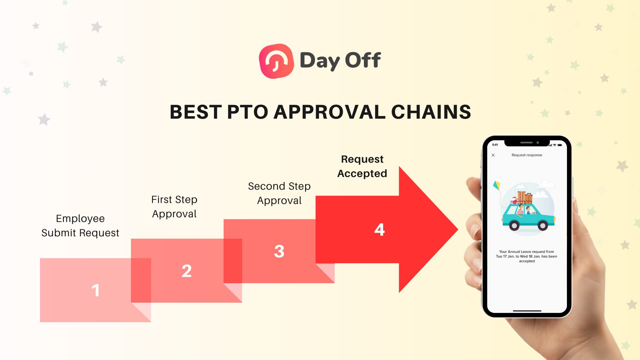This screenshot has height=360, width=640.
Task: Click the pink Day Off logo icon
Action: point(276,61)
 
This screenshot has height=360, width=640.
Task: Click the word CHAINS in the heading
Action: point(431,112)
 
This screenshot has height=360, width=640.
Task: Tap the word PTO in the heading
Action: point(247,112)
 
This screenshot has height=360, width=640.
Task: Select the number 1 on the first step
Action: point(96,290)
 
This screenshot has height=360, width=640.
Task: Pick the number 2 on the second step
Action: point(187,271)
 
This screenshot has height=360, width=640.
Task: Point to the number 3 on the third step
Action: point(279,251)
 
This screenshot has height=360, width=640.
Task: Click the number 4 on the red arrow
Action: point(379,229)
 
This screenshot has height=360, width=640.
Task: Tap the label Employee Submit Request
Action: point(80,226)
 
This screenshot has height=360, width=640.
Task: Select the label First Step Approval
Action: point(174,207)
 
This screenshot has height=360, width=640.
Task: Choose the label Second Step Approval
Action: point(279,193)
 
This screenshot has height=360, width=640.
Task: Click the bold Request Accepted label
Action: point(362,166)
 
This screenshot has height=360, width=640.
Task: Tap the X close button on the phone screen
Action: point(493,155)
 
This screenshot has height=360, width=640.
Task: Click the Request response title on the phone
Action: point(527,155)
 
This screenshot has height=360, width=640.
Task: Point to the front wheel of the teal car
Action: point(543,226)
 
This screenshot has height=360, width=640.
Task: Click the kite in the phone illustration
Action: point(497,185)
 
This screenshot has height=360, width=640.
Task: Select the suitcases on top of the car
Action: point(525,198)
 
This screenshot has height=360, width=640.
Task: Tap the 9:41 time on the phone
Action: point(495,145)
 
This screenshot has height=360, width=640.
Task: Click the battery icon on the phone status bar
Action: point(560,145)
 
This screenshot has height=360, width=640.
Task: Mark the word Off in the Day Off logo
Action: point(363,60)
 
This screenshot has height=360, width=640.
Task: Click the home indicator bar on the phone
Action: point(527,311)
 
